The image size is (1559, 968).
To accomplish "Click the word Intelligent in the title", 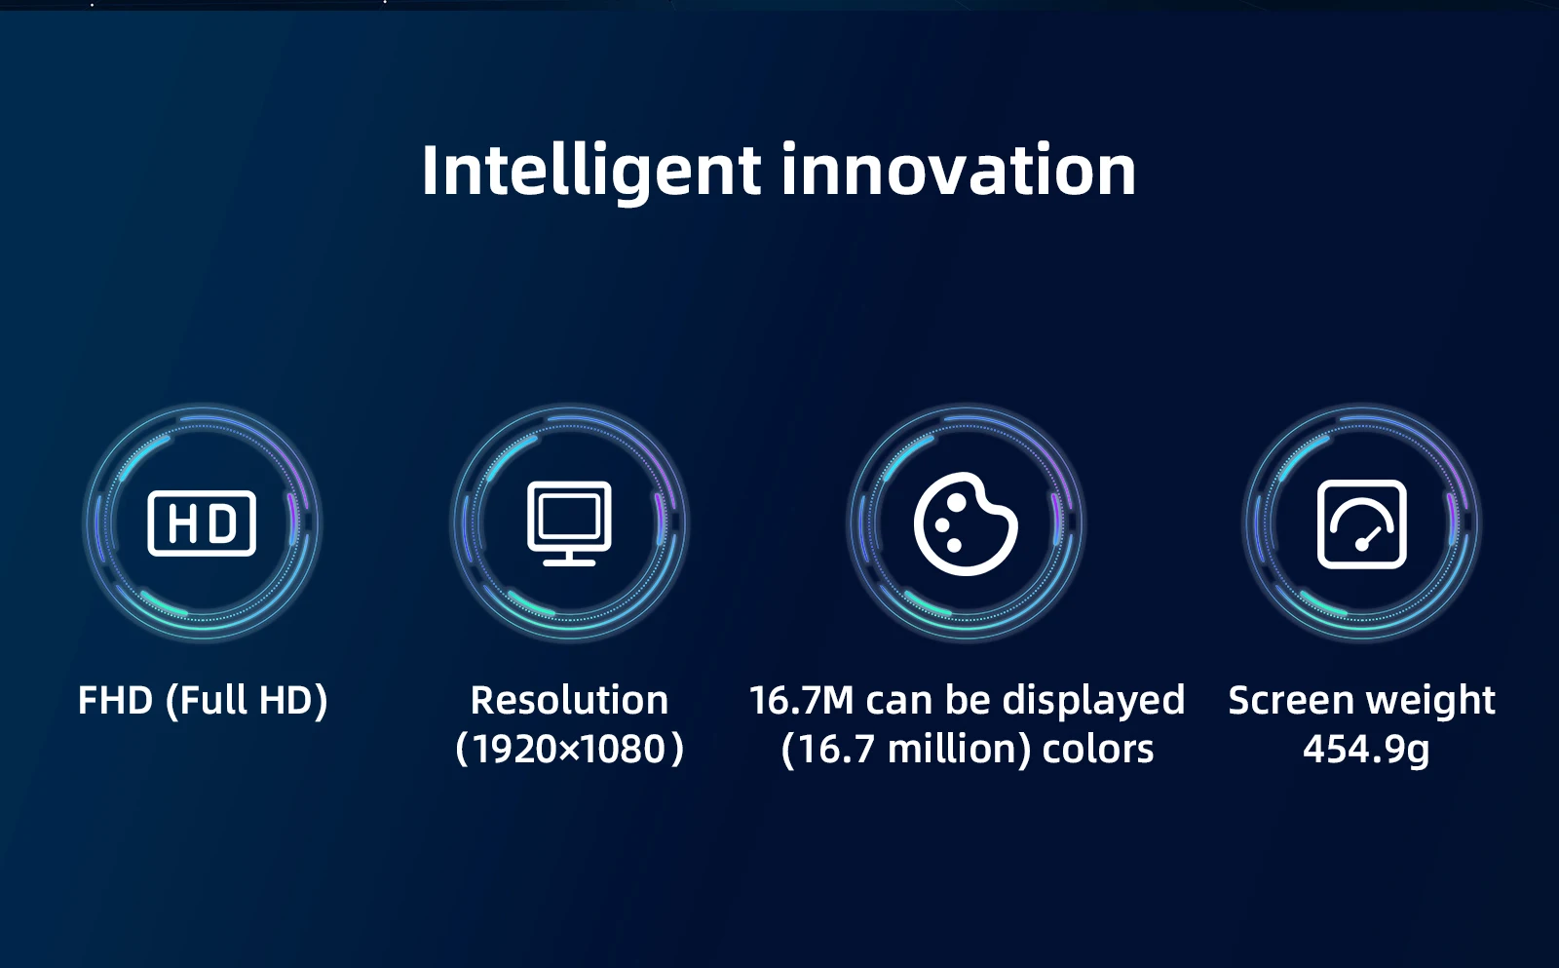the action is [590, 172].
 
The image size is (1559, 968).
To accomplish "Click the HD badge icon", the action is [202, 523].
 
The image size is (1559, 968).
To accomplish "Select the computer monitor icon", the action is [569, 523].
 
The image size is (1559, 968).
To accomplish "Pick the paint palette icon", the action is [966, 523].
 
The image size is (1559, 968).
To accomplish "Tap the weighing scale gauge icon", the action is [1362, 523].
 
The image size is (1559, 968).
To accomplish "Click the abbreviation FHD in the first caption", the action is [116, 700].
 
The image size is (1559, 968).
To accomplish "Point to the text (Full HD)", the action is [247, 701].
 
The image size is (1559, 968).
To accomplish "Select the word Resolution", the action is [569, 700].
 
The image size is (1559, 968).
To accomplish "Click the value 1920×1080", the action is [569, 750].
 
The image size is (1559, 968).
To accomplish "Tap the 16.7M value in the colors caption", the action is [801, 700].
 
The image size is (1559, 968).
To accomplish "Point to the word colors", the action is [1097, 750].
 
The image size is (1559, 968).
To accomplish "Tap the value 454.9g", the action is [1366, 751].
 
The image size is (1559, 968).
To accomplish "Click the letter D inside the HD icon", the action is [223, 523].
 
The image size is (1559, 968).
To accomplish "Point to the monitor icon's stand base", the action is [569, 562].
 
